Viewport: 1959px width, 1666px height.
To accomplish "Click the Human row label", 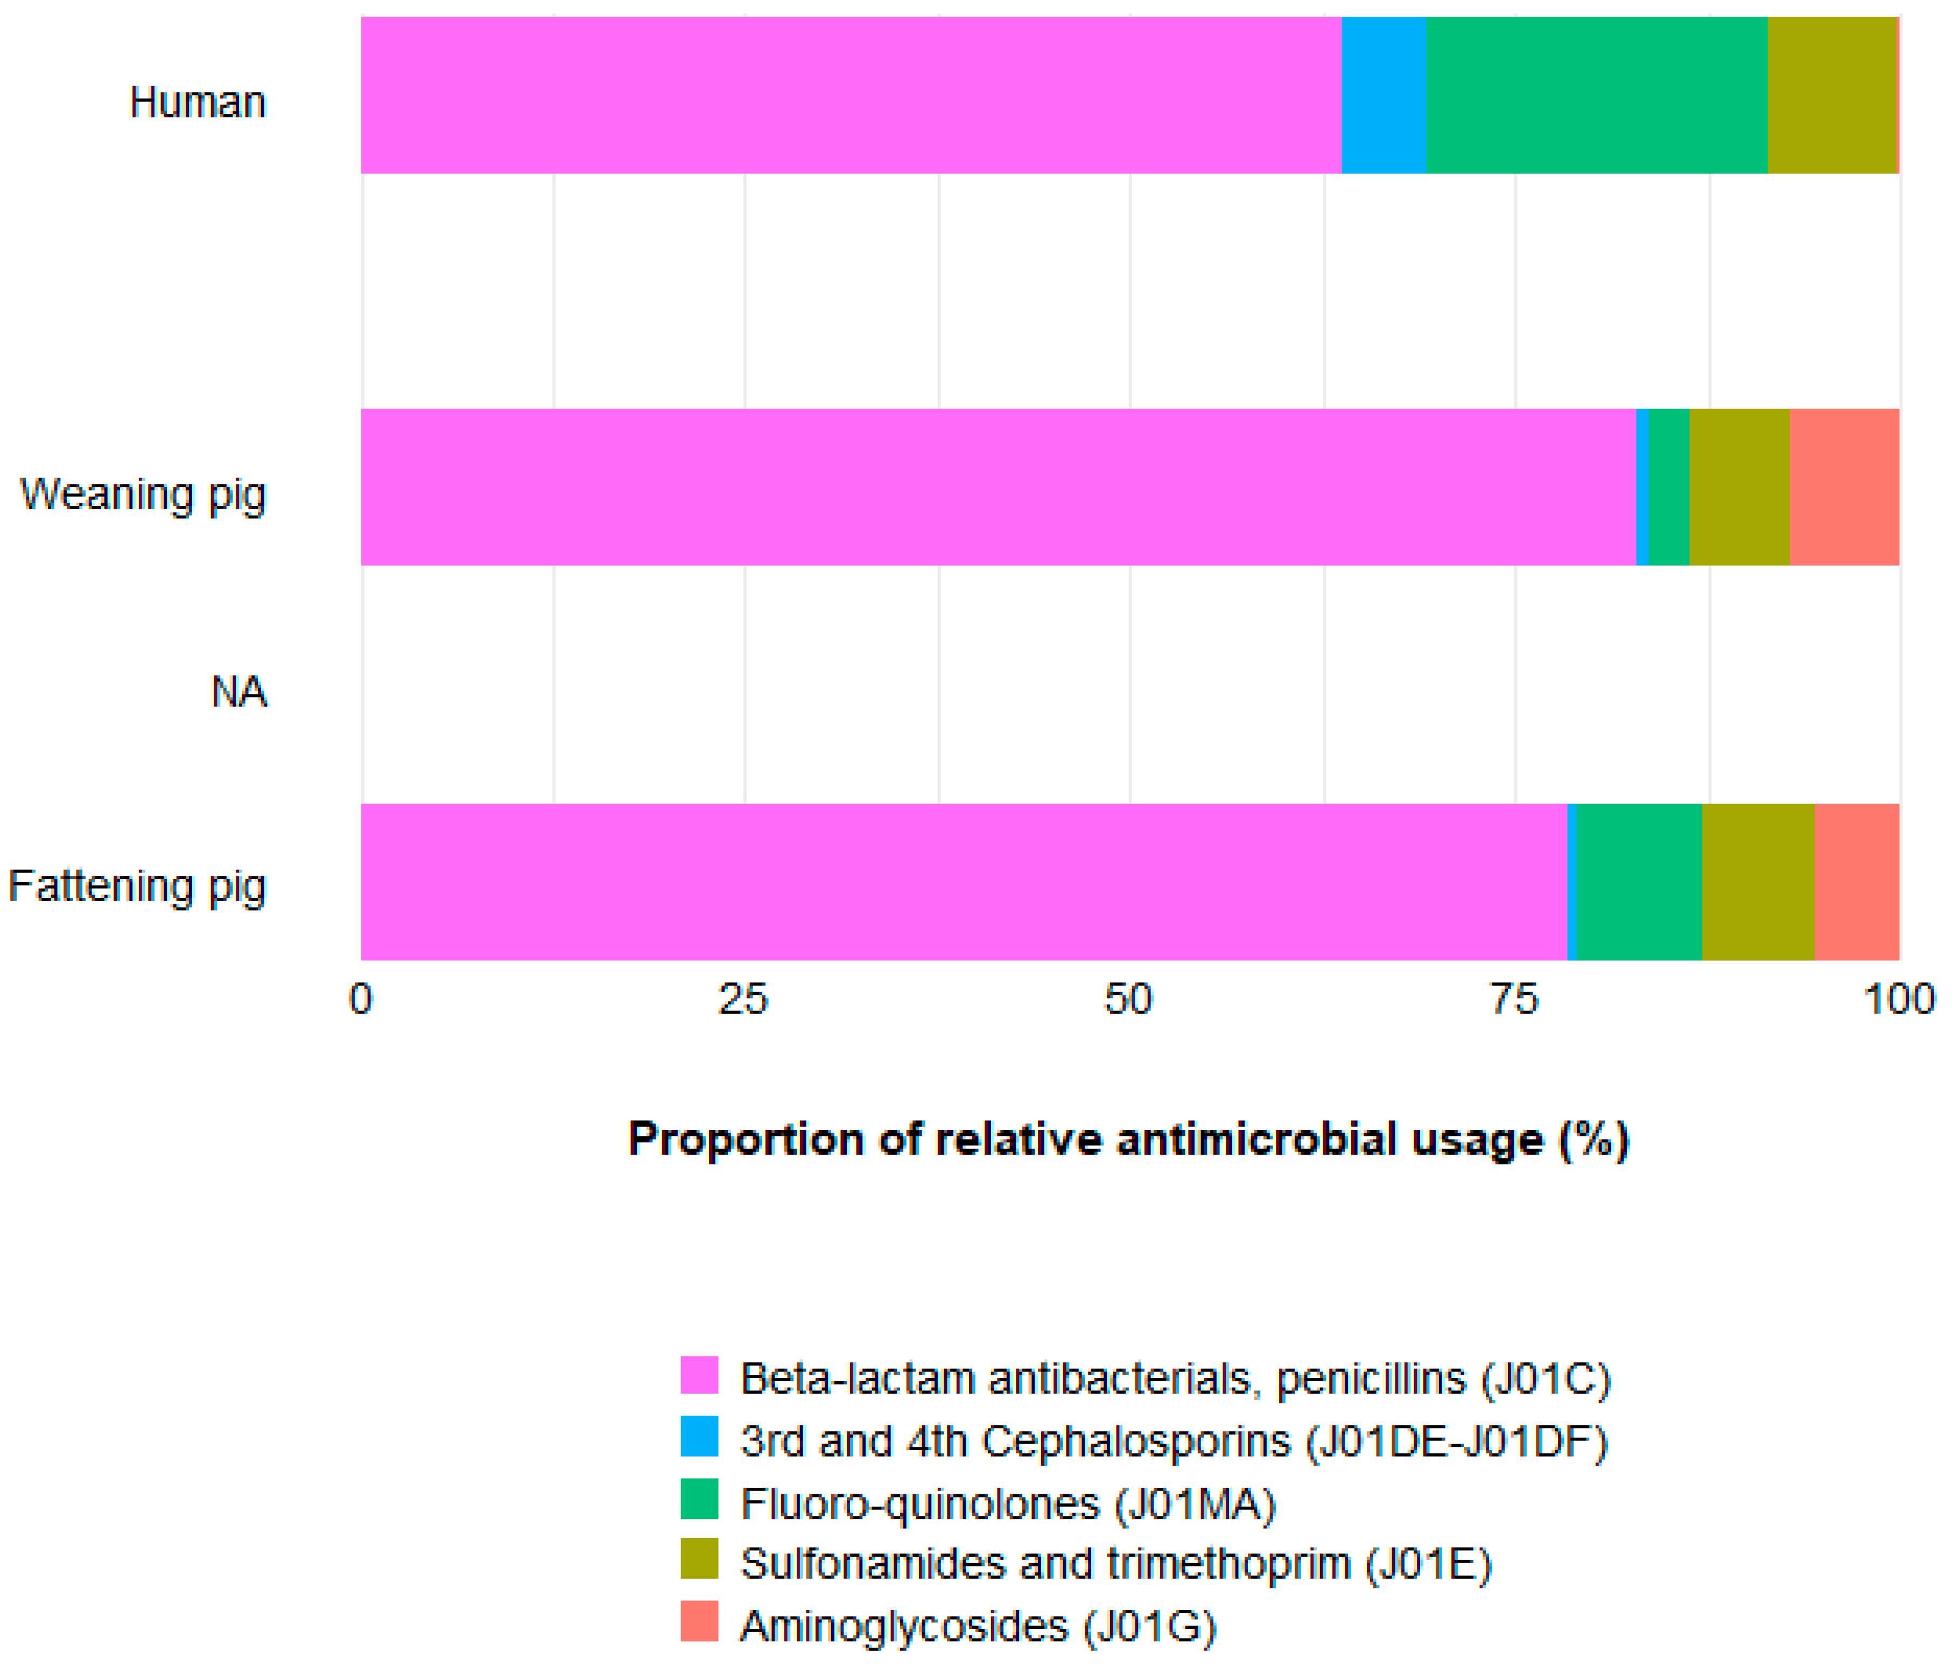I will (x=198, y=102).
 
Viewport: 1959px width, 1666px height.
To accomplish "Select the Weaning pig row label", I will (x=144, y=494).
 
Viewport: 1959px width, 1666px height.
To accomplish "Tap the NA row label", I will (x=239, y=691).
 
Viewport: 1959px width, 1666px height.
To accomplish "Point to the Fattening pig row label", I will (x=138, y=886).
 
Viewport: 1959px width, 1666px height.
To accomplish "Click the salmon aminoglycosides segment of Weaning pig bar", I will (x=1844, y=487).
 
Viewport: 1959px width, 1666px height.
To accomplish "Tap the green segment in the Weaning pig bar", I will (x=1668, y=487).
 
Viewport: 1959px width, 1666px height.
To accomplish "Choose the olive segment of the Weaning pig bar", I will (x=1739, y=487).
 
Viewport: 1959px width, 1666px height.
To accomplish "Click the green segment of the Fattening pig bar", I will (x=1639, y=882).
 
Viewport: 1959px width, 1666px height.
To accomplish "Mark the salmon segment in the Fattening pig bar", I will (x=1856, y=882).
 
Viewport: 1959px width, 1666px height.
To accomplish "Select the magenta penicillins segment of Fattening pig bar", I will (x=964, y=882).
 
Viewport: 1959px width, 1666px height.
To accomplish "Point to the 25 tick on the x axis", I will (x=743, y=999).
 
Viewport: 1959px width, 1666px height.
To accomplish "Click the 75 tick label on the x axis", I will (x=1515, y=999).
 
